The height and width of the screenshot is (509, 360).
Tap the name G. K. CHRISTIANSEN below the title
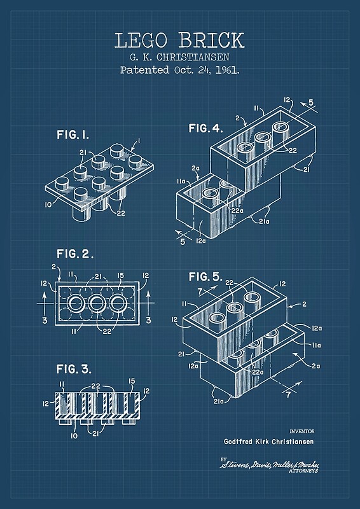click(179, 57)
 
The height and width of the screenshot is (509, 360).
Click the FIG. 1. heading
click(73, 135)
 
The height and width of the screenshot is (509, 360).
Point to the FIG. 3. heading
click(74, 368)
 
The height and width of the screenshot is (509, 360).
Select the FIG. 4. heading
click(205, 129)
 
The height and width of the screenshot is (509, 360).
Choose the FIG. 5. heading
click(205, 276)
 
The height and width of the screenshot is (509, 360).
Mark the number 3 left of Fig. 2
click(44, 319)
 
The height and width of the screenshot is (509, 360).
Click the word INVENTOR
click(301, 431)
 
